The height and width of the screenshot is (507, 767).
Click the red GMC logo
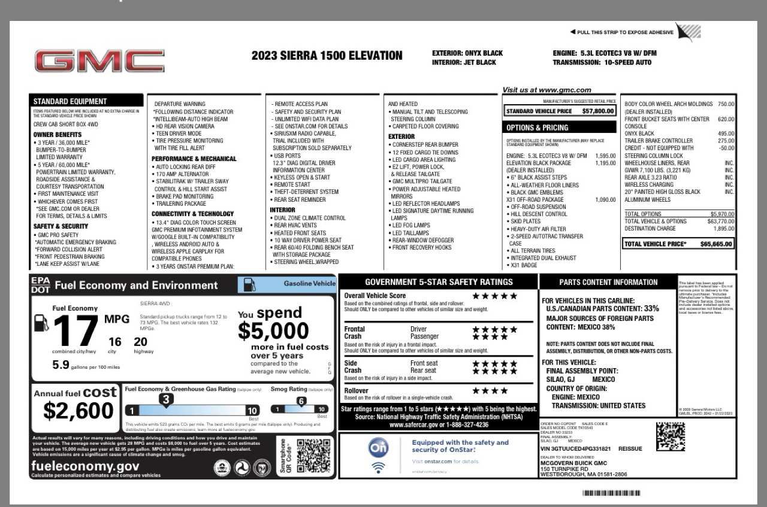(99, 62)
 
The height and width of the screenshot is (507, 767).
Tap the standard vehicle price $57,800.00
(597, 111)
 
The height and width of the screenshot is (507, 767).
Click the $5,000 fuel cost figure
(273, 330)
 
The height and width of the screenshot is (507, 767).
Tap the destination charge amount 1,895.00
(723, 229)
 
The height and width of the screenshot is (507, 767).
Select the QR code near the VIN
(670, 436)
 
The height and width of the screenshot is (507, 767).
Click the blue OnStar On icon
(378, 447)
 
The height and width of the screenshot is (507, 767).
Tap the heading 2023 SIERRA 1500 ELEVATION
(327, 56)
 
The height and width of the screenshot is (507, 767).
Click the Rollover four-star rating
(490, 391)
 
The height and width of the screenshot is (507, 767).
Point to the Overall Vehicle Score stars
(494, 296)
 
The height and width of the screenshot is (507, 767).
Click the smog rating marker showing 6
(301, 401)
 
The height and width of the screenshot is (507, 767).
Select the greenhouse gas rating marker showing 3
(166, 399)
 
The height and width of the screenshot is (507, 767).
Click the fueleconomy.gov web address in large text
(85, 466)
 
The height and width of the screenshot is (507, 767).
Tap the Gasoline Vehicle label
(309, 283)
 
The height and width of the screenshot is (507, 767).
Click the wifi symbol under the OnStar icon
(378, 467)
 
